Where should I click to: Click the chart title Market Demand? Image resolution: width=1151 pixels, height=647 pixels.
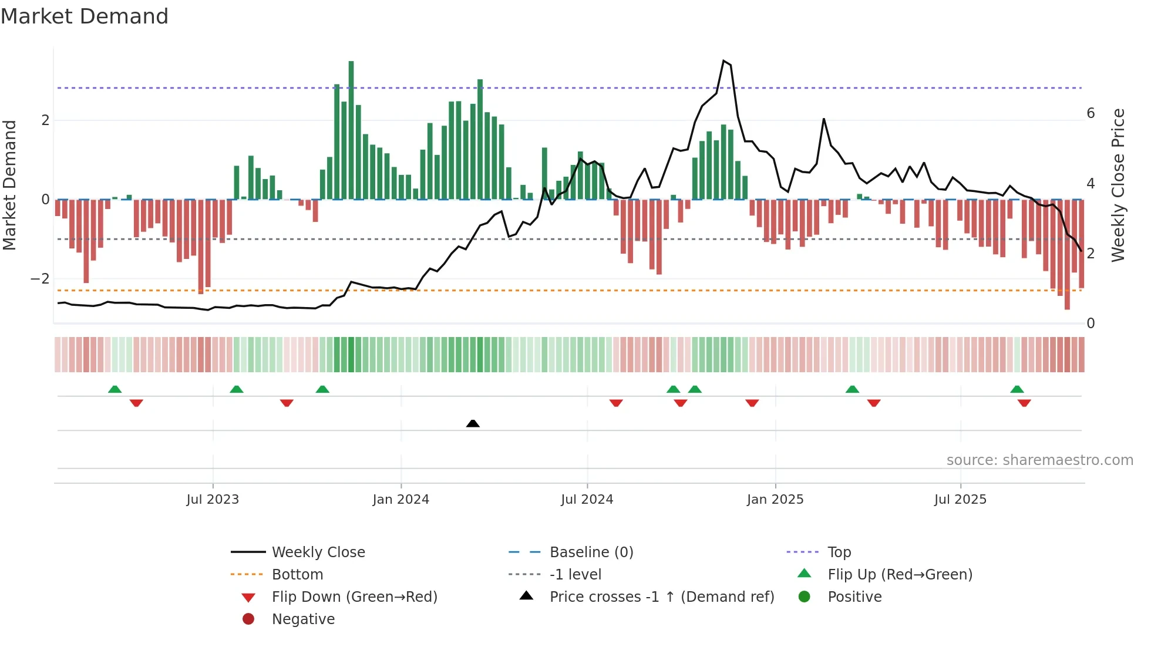tap(85, 16)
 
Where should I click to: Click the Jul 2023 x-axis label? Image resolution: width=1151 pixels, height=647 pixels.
tap(213, 500)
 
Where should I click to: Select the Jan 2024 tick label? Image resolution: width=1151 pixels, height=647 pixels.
tap(401, 500)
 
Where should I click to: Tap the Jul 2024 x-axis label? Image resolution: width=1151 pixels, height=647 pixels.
tap(587, 500)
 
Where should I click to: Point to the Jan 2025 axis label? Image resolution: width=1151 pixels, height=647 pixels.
tap(775, 500)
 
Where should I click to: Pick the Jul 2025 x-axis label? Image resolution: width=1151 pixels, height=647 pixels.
tap(960, 500)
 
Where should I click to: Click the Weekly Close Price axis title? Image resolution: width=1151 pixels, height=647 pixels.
tap(1118, 185)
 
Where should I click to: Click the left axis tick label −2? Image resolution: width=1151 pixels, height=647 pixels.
tap(40, 279)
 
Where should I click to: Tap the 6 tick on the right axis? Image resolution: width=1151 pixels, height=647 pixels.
tap(1091, 113)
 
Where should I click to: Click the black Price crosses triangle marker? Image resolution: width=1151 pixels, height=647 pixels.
tap(473, 423)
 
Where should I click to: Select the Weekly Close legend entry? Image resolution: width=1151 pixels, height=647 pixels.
tap(318, 552)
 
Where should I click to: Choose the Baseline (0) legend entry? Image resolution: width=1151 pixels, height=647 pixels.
tap(591, 552)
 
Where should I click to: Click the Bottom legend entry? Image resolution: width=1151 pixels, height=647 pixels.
tap(297, 575)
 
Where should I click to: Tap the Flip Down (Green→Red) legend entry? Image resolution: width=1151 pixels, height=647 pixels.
tap(354, 597)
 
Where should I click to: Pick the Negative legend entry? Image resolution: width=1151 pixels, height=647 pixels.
tap(303, 619)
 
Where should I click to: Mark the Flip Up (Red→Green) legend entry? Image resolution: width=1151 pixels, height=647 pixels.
tap(900, 575)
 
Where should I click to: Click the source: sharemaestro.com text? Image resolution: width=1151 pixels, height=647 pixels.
tap(1039, 460)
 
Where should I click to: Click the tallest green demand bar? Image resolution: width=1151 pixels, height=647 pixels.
tap(351, 129)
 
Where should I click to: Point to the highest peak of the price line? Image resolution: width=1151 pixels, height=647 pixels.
tap(724, 60)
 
